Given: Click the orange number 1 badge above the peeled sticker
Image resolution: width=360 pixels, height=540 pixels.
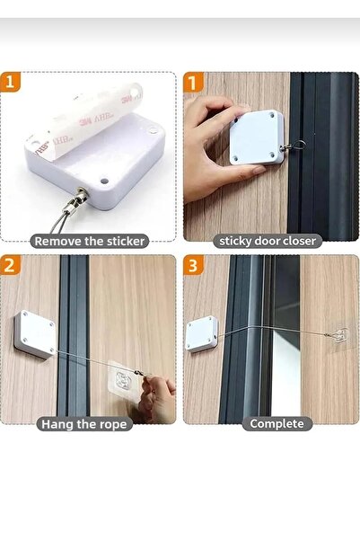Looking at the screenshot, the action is (11, 82).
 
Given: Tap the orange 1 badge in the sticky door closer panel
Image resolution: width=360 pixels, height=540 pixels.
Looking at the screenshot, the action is (193, 83).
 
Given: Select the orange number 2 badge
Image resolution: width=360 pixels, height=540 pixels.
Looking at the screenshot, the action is (11, 265).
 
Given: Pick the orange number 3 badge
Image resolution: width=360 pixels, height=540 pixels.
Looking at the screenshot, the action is (193, 265).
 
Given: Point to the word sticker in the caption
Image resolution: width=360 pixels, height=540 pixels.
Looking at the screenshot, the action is (126, 241).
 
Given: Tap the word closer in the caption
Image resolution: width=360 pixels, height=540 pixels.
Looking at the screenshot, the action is (297, 241).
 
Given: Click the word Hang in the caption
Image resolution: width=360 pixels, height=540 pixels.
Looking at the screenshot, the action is (57, 424).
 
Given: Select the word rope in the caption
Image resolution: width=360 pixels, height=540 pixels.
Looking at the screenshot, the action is (114, 425).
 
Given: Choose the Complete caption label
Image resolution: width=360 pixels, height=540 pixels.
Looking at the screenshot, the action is (277, 423).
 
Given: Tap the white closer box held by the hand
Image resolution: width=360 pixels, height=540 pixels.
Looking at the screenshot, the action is (257, 137).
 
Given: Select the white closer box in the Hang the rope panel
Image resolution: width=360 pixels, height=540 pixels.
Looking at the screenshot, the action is (34, 334).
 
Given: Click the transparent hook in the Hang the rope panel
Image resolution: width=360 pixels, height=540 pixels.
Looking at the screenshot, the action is (125, 377).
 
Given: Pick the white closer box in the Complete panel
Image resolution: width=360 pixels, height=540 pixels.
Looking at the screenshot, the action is (202, 333).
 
